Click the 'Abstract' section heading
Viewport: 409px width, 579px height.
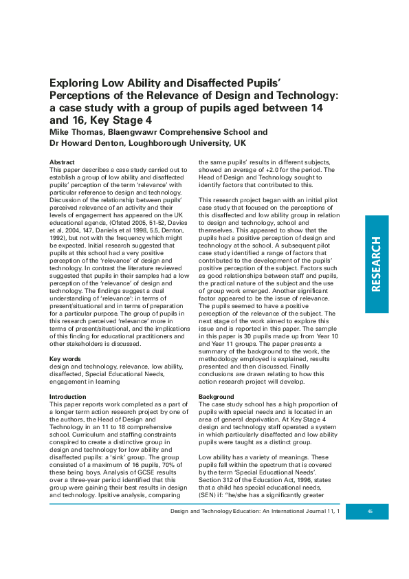[62, 161]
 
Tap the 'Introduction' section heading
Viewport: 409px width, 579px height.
[69, 397]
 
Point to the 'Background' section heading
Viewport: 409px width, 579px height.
[216, 397]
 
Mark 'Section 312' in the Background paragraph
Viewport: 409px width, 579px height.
[216, 479]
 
